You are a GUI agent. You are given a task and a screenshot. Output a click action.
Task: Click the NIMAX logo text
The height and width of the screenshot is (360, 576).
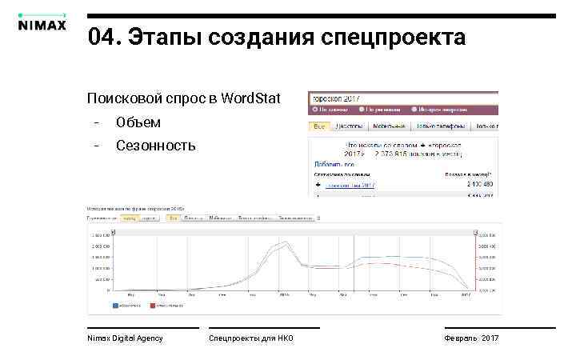tap(42, 24)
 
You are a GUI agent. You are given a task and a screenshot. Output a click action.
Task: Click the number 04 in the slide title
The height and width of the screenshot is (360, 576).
tap(103, 37)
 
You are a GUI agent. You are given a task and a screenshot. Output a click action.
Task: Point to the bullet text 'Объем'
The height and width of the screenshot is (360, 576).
tap(138, 122)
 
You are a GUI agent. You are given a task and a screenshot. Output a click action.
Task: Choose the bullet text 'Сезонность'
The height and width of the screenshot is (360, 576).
tap(155, 146)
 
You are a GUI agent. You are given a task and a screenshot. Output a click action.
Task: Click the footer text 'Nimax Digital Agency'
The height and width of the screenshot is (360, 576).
tap(125, 338)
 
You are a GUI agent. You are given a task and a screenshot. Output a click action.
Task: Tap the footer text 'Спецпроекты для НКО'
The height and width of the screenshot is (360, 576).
tap(251, 338)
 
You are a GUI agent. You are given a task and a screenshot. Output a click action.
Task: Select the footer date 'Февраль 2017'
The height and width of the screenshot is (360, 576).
tap(471, 338)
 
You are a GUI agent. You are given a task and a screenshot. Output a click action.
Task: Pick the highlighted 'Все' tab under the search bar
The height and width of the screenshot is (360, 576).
tap(319, 126)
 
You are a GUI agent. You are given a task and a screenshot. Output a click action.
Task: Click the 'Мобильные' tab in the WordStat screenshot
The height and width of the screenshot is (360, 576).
tap(387, 126)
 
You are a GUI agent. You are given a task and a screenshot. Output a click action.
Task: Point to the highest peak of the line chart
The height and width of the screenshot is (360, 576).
tap(285, 242)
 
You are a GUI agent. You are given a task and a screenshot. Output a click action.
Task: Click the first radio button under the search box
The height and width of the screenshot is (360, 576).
tap(314, 110)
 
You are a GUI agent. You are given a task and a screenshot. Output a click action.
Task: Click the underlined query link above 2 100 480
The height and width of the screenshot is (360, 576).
tap(350, 185)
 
